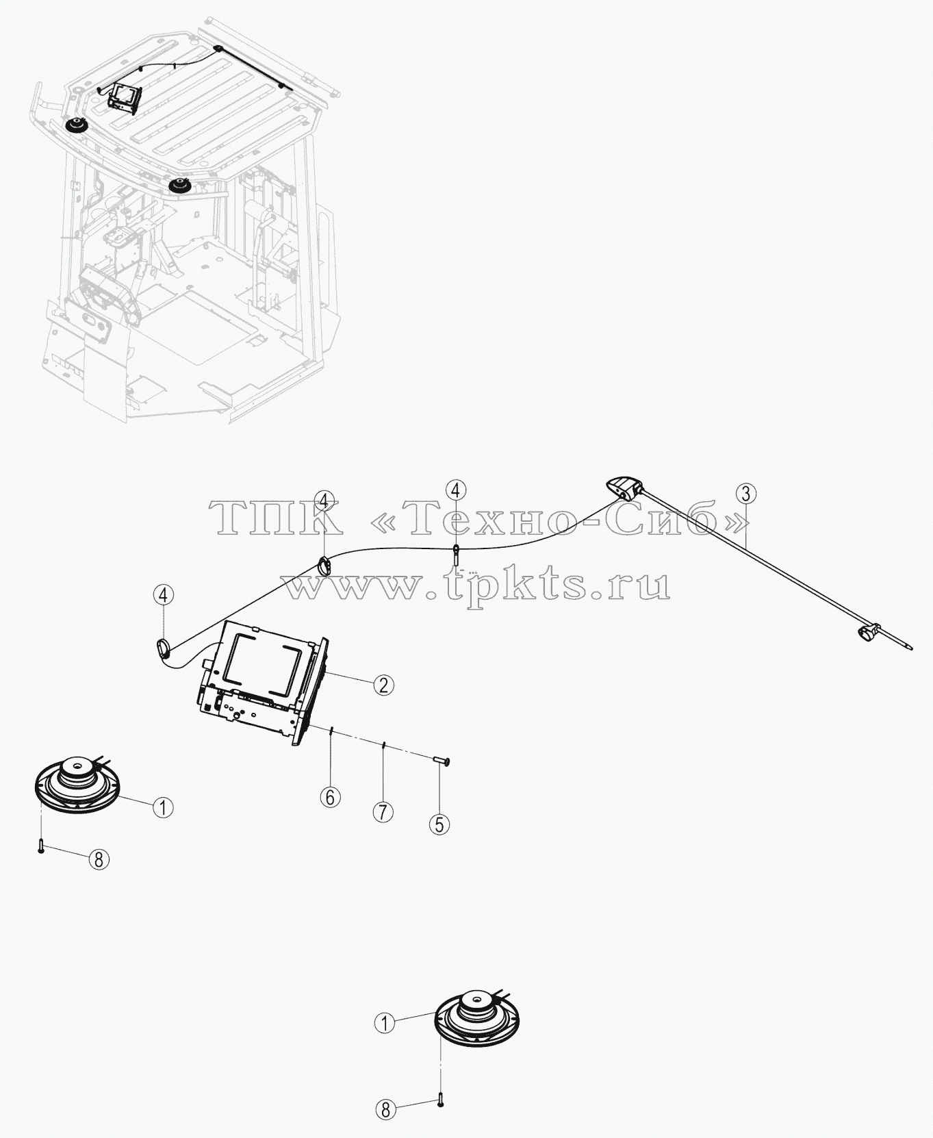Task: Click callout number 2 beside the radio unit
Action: pyautogui.click(x=383, y=684)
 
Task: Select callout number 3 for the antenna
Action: pyautogui.click(x=745, y=494)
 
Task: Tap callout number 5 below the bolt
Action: pyautogui.click(x=439, y=824)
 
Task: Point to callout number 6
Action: pyautogui.click(x=331, y=797)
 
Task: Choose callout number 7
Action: pyautogui.click(x=383, y=812)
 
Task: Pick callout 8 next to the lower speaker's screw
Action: pyautogui.click(x=385, y=1109)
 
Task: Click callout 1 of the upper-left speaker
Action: pyautogui.click(x=162, y=808)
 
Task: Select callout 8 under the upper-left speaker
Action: pyautogui.click(x=99, y=859)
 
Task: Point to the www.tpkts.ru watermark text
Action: pyautogui.click(x=477, y=585)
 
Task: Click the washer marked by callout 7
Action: pyautogui.click(x=385, y=744)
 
